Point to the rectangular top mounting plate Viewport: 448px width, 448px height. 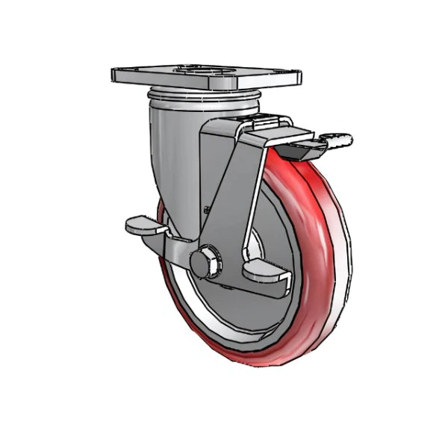(x=205, y=76)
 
